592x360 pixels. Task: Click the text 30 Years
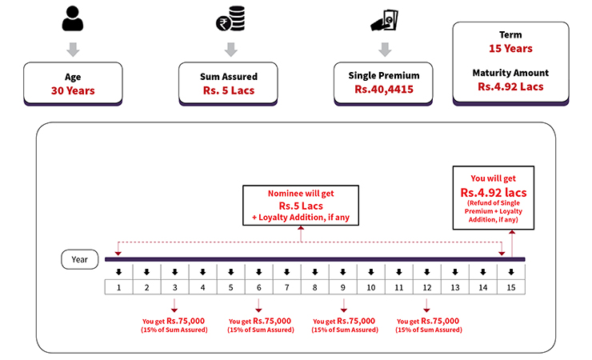73,90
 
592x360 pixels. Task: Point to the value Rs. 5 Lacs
230,90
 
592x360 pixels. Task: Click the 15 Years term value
510,49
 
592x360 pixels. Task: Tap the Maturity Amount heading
510,73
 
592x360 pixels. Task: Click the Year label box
80,259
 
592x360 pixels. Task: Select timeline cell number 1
118,286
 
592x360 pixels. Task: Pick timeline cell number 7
286,286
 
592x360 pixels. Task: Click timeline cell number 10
370,286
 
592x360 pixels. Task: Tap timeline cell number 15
510,286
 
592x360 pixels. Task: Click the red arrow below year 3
174,305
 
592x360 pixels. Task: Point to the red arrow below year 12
426,305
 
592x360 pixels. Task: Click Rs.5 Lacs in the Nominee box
300,206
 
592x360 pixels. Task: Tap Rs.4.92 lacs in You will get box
494,193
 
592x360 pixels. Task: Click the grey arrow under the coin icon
230,49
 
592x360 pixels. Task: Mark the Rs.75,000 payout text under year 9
355,321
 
